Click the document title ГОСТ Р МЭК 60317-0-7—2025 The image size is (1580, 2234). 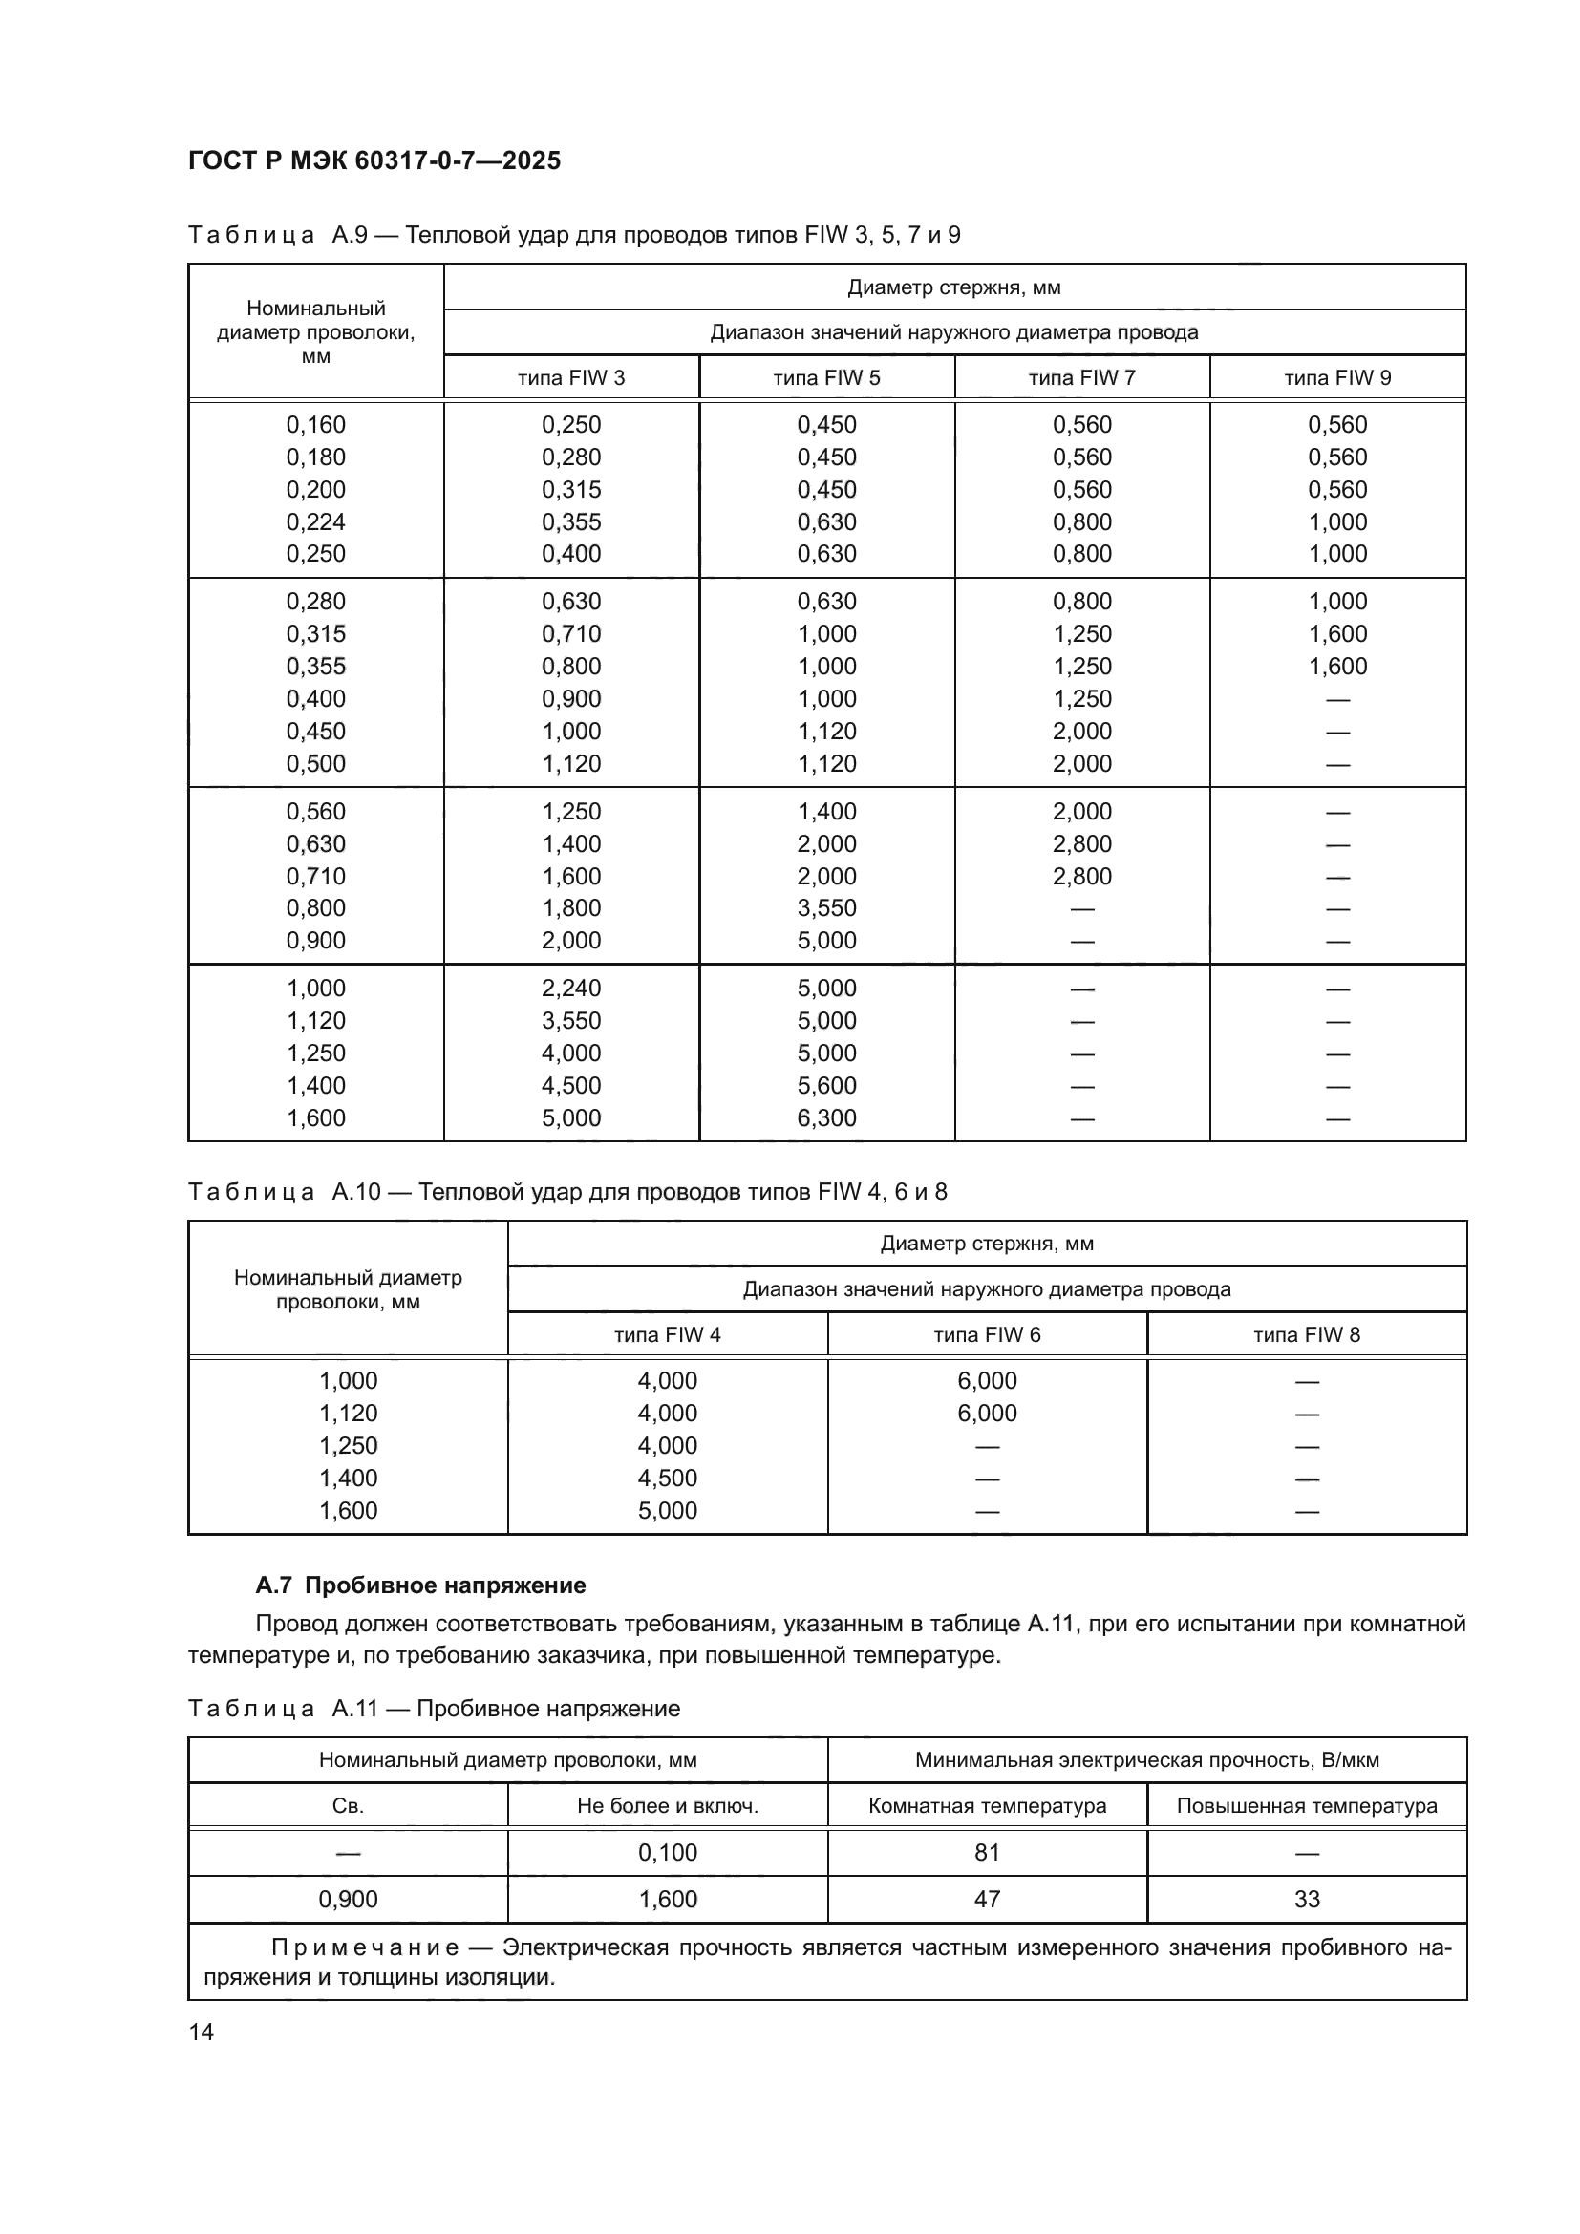374,160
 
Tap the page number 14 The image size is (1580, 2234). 202,2032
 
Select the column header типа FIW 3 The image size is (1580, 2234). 571,377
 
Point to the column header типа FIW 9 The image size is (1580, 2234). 1336,377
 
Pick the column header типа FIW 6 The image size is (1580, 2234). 987,1334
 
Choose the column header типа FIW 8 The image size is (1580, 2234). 1306,1334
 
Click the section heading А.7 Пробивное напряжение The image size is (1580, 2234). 420,1585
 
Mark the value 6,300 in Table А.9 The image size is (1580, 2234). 826,1118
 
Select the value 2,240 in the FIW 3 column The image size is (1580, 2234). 571,989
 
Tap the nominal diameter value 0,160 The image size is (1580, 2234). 315,425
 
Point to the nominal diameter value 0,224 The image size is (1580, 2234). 315,522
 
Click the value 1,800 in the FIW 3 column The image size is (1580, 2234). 571,907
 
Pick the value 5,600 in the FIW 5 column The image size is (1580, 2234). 826,1086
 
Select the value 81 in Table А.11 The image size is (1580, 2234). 987,1852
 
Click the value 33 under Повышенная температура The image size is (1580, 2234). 1306,1899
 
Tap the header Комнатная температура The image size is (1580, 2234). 987,1806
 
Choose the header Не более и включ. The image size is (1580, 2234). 668,1806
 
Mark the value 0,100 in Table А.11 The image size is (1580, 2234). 668,1852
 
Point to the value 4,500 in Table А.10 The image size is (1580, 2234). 668,1478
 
